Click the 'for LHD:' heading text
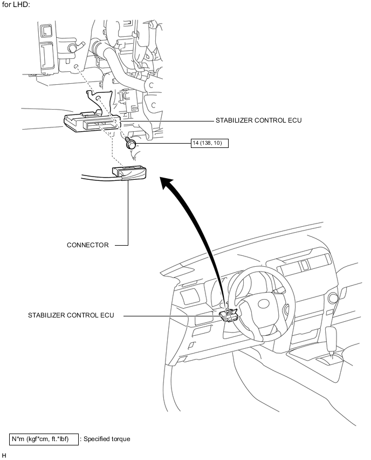tap(16, 5)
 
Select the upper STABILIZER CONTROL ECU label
tap(258, 120)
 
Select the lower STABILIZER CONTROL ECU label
tap(71, 315)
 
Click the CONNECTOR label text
tap(87, 245)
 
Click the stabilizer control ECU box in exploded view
tap(92, 121)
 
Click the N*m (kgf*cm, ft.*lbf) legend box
tap(44, 439)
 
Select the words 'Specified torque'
tap(107, 439)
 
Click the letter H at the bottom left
tap(4, 456)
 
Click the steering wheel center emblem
tap(264, 304)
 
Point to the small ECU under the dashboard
tap(228, 315)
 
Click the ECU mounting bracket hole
tap(99, 98)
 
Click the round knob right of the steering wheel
tap(333, 298)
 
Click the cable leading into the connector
tap(97, 177)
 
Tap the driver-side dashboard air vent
tap(189, 296)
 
